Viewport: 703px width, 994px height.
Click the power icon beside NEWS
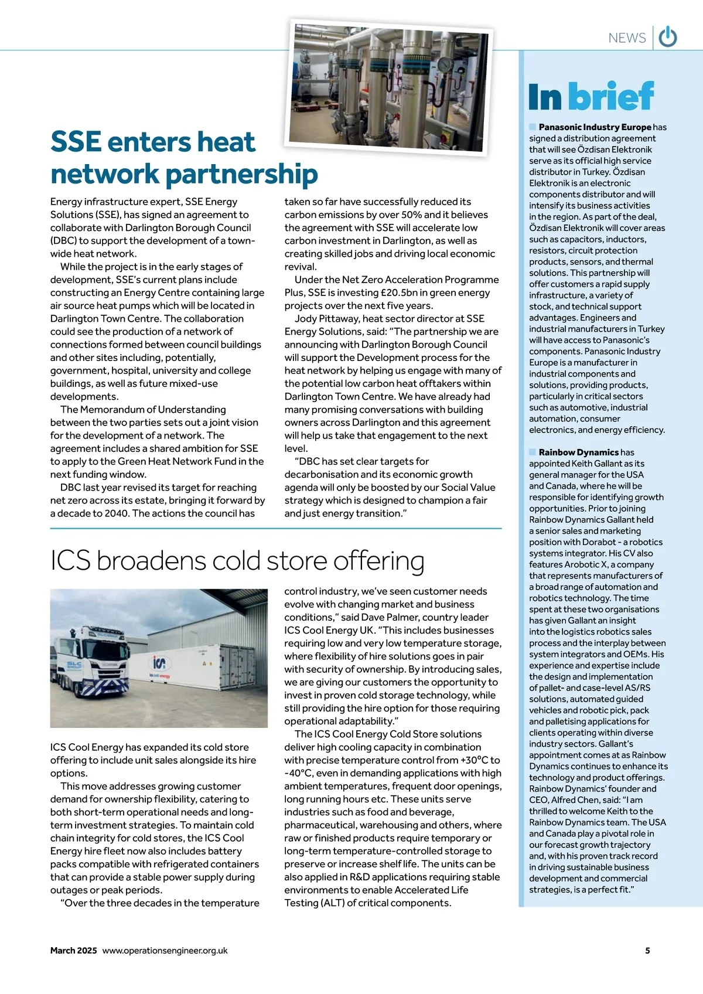pyautogui.click(x=668, y=38)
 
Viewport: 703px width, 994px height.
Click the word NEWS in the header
pyautogui.click(x=627, y=38)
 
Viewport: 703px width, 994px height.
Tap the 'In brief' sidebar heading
pyautogui.click(x=591, y=97)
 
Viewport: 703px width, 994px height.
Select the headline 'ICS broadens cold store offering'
pyautogui.click(x=237, y=561)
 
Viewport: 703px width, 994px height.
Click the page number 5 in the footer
pyautogui.click(x=647, y=951)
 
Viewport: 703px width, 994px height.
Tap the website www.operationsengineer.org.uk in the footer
pyautogui.click(x=165, y=951)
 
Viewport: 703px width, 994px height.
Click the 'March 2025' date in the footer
pyautogui.click(x=73, y=951)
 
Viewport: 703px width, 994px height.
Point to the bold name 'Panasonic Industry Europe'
pyautogui.click(x=595, y=127)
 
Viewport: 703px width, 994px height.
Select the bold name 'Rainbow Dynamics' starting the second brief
pyautogui.click(x=578, y=452)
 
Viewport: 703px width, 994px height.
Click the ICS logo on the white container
pyautogui.click(x=159, y=663)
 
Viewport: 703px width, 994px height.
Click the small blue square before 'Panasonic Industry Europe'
pyautogui.click(x=533, y=127)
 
